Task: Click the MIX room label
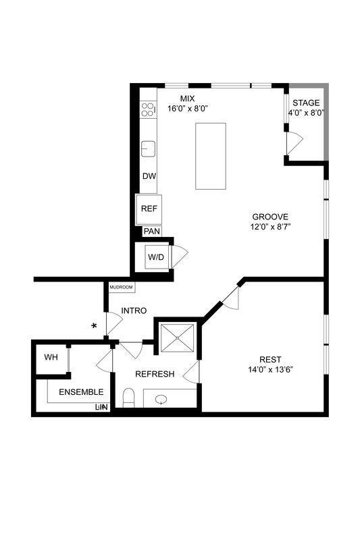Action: (x=187, y=99)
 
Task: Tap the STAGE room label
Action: (x=307, y=103)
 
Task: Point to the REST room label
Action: (x=269, y=359)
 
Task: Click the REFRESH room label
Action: (x=155, y=374)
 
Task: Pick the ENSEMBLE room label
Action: (x=81, y=392)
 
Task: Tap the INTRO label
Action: (x=134, y=310)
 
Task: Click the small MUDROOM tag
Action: (x=122, y=288)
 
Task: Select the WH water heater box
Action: (x=51, y=356)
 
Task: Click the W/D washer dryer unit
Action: (x=157, y=257)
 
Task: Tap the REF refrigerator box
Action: (x=149, y=209)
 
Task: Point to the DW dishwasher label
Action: (x=149, y=176)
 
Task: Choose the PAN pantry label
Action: (x=152, y=231)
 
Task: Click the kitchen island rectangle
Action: (x=211, y=156)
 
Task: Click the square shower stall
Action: (x=178, y=338)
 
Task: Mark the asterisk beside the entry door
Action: (x=95, y=326)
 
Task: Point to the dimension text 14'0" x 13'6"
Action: (x=270, y=370)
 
